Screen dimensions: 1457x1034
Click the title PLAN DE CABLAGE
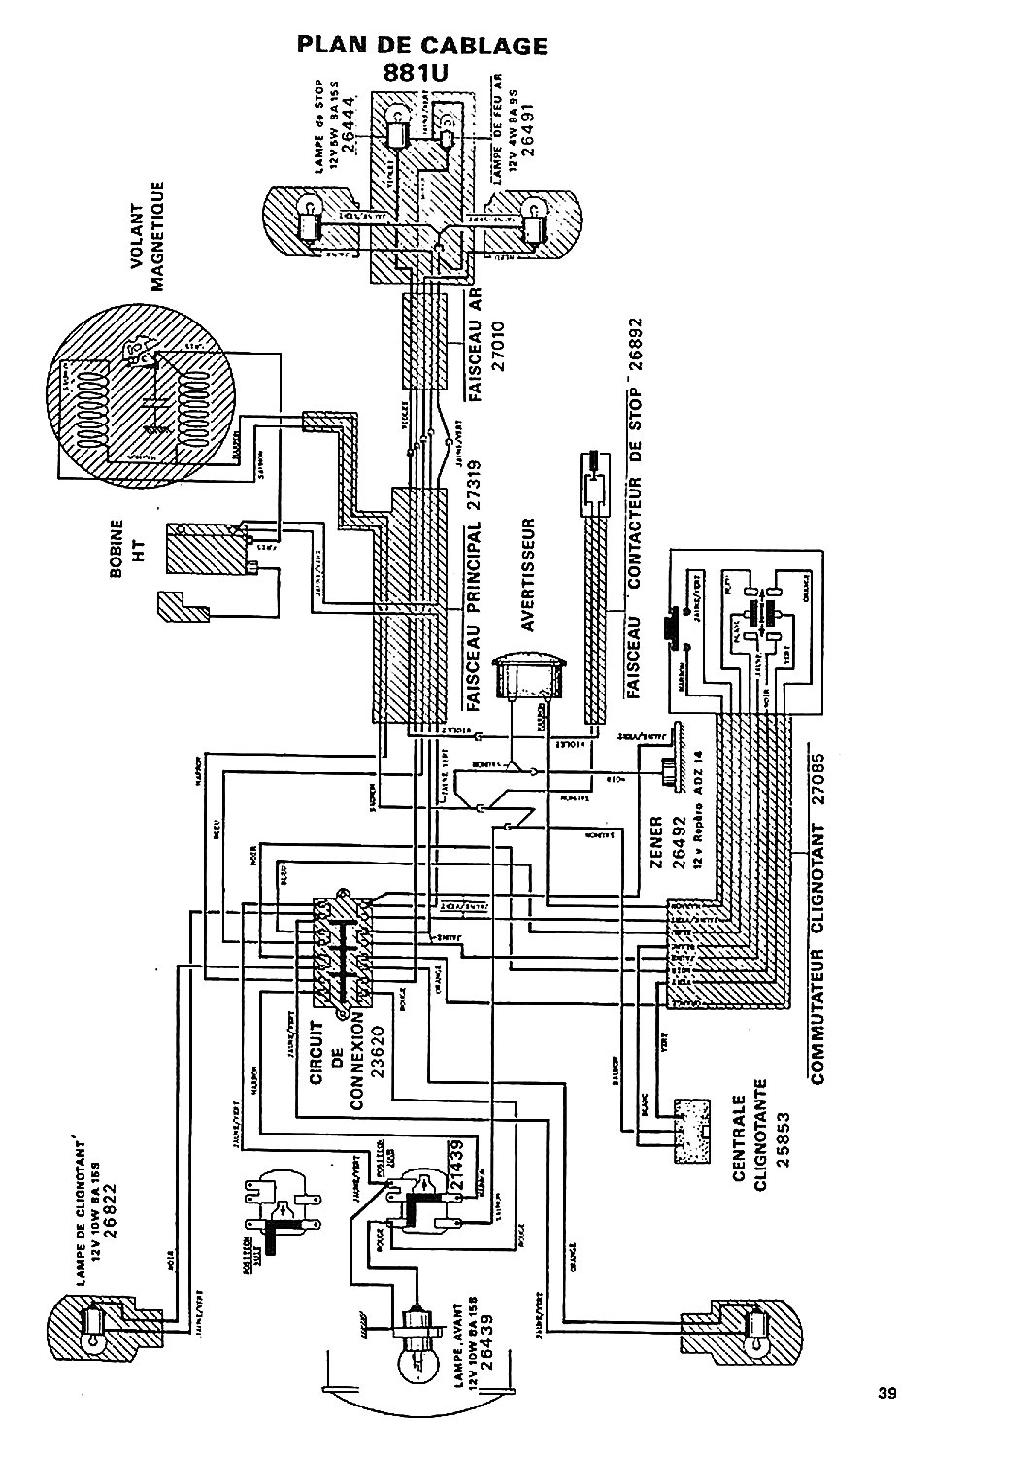pos(420,46)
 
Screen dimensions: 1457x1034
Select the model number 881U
pos(420,75)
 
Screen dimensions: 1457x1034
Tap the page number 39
pos(885,1393)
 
